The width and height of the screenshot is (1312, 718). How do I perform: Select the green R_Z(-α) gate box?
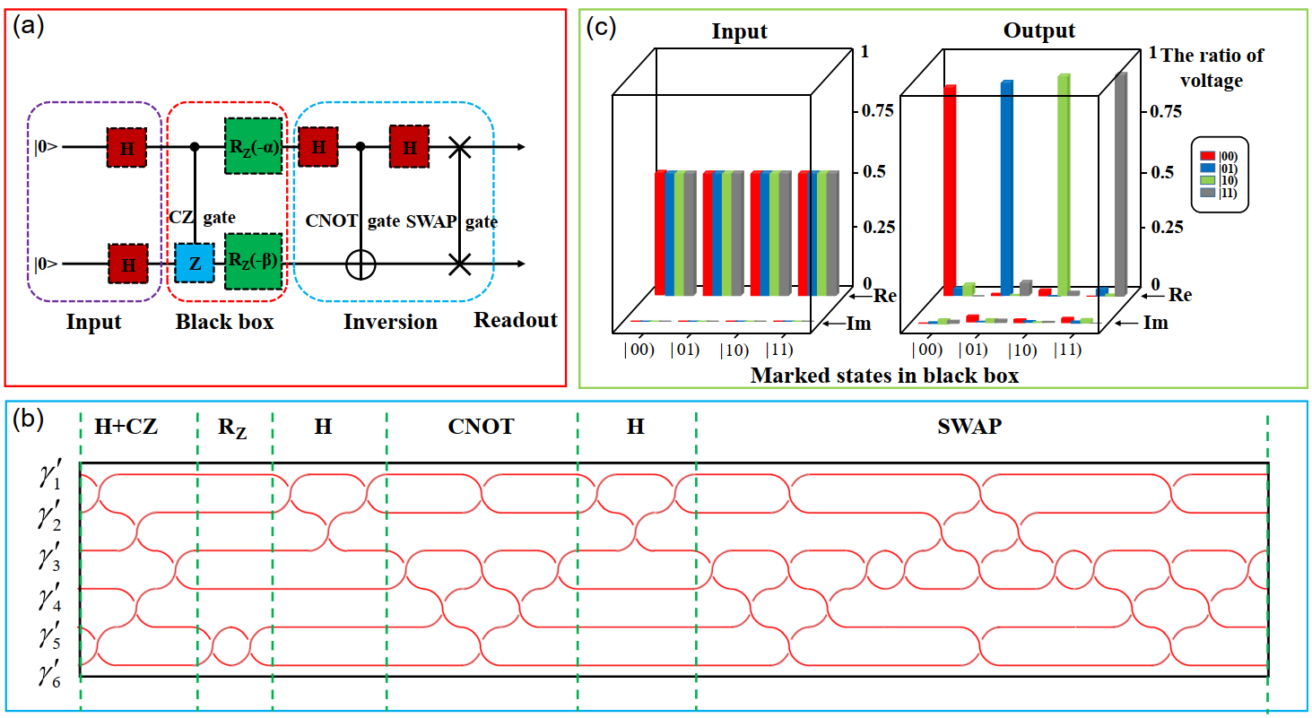point(253,145)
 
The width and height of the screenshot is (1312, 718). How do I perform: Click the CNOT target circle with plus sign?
point(361,264)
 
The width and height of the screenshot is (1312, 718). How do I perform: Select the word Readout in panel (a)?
point(516,320)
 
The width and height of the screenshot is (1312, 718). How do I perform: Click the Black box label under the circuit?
point(224,321)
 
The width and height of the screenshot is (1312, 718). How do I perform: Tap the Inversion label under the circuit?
point(390,321)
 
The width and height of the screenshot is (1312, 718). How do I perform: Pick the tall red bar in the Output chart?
point(949,188)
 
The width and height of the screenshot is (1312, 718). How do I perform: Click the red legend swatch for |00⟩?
point(1207,143)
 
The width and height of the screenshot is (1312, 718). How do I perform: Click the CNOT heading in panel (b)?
point(481,427)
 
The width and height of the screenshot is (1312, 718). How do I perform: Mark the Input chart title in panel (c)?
point(740,31)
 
